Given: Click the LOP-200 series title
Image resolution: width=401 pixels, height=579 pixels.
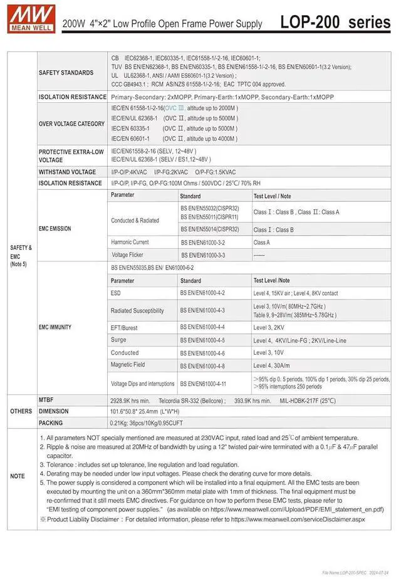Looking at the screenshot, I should tap(335, 23).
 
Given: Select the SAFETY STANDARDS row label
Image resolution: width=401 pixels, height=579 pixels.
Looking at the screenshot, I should tap(66, 73).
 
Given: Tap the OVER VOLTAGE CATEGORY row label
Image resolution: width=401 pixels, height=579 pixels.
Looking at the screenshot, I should tap(71, 123).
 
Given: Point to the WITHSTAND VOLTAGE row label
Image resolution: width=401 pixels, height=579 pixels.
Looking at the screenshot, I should tap(67, 172).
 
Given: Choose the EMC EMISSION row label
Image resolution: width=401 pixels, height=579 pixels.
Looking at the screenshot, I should tap(55, 229).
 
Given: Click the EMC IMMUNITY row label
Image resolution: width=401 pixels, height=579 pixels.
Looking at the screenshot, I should tap(55, 327).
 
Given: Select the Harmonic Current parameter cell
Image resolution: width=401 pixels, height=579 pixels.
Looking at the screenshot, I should tap(130, 242).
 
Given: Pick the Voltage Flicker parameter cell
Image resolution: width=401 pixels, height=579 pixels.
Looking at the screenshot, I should tap(128, 255).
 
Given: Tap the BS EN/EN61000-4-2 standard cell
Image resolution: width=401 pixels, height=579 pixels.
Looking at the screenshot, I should tap(202, 293).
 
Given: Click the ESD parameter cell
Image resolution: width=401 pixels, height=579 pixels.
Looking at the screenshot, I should tap(116, 293).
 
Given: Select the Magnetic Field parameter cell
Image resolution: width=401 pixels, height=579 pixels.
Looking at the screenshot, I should tap(128, 365).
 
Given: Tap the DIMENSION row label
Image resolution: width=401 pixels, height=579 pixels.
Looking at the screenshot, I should tap(54, 411).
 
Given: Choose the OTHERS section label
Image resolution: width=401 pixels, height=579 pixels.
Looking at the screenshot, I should tap(21, 411).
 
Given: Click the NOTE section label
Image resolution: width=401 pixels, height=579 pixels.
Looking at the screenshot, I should tap(18, 476).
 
